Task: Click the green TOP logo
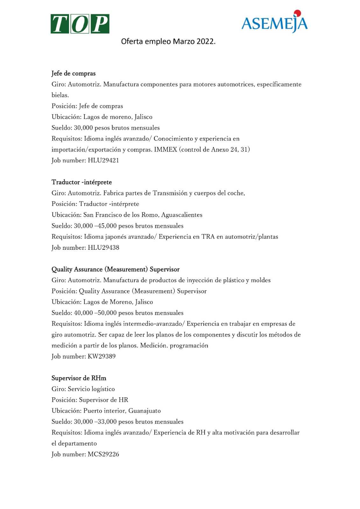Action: coord(80,24)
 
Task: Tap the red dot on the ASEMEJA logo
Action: coord(297,13)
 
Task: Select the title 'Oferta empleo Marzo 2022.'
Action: coord(168,42)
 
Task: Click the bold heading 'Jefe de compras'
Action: coord(74,73)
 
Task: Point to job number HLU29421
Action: coord(103,160)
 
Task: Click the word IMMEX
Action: coord(166,150)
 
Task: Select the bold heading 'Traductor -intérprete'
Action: coord(82,182)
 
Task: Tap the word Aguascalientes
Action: coord(182,215)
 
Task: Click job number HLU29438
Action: coord(103,248)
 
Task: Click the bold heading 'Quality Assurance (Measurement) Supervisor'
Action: coord(116,269)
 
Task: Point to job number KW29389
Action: coord(102,356)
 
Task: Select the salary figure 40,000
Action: coord(83,313)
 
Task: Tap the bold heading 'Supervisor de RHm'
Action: coord(79,378)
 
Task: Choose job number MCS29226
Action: coord(103,454)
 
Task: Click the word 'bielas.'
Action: coord(60,95)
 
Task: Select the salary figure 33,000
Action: coord(107,422)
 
